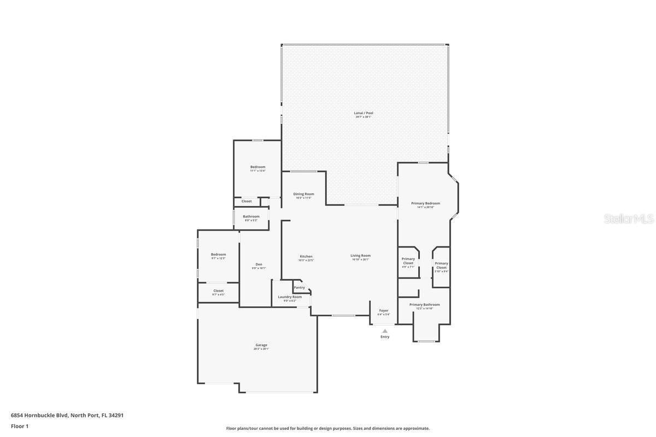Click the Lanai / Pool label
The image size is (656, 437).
(364, 113)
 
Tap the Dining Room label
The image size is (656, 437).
(303, 194)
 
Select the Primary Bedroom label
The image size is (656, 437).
(425, 203)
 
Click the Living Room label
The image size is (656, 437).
(361, 256)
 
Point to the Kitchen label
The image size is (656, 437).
(306, 256)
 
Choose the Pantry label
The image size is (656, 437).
(300, 287)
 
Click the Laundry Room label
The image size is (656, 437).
(290, 297)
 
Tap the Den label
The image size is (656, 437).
(259, 264)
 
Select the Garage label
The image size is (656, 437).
(261, 345)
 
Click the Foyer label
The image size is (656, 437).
(384, 310)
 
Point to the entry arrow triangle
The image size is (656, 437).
(385, 331)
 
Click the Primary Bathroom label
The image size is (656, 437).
(424, 305)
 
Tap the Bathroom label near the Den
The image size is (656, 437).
(251, 216)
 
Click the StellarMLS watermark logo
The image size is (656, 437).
(629, 218)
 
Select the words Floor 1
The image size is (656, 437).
(20, 426)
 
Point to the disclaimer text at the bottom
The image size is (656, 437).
(328, 428)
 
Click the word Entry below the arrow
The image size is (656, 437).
(385, 337)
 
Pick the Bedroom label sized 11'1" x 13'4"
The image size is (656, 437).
(257, 167)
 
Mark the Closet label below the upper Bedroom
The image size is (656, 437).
(247, 201)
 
